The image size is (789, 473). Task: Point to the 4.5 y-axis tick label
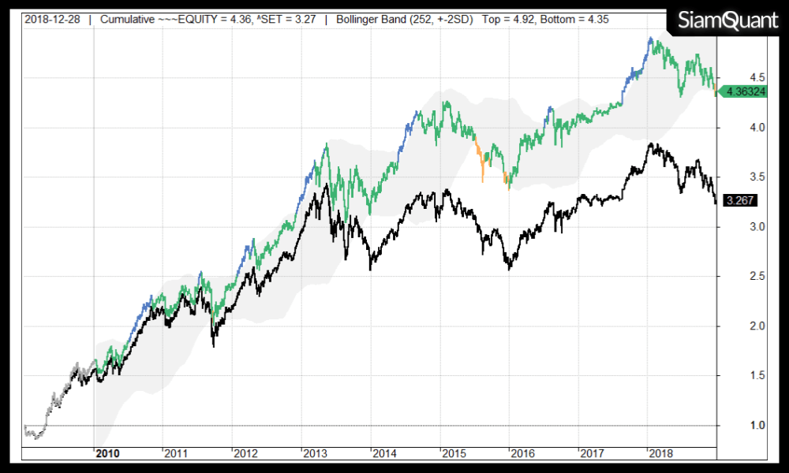tap(735, 77)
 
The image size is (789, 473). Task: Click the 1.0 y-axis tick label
tap(735, 426)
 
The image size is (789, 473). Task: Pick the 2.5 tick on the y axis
tap(735, 277)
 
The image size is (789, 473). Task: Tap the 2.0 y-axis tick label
tap(735, 326)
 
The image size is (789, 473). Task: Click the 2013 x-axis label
tap(315, 453)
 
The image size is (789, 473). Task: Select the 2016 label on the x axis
tap(522, 453)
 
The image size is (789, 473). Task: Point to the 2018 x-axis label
tap(660, 453)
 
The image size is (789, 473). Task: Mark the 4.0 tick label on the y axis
tap(735, 128)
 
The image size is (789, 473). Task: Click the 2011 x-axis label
tap(176, 453)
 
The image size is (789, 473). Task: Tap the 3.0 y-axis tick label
tap(735, 227)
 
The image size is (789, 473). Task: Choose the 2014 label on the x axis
tap(384, 453)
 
